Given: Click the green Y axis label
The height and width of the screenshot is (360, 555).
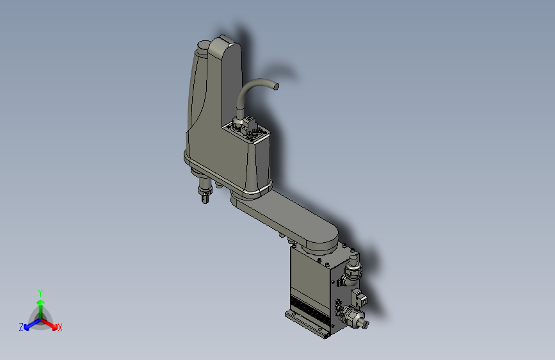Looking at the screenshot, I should point(40,291).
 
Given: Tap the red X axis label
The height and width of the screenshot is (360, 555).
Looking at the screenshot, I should point(60,327).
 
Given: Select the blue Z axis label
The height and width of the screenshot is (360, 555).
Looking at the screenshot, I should point(20,327).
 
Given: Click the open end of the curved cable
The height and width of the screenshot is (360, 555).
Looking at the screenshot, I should point(277,85).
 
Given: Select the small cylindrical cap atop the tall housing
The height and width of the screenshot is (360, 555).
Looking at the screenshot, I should point(202,46).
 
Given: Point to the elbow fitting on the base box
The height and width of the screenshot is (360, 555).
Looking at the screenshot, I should point(352,269).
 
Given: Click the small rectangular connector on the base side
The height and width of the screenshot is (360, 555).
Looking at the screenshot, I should point(359,297).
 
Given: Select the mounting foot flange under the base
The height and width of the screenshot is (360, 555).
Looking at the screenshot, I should point(306,324).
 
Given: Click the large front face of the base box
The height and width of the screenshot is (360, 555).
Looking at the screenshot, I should point(310,275).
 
